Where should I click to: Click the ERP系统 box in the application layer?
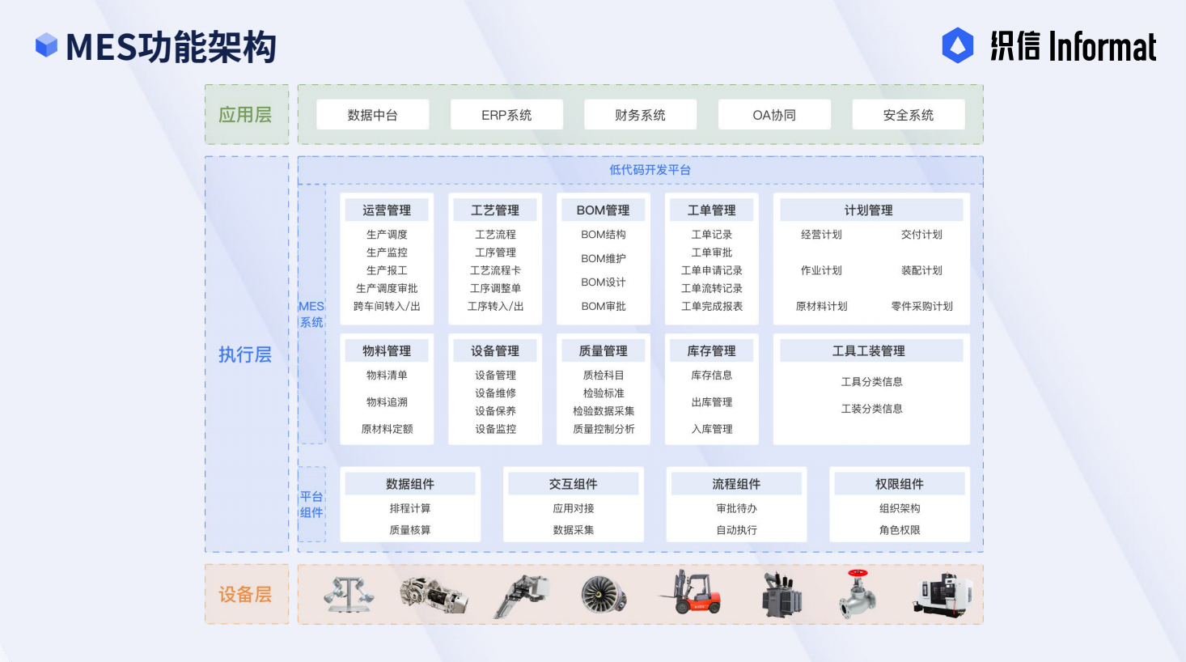(506, 115)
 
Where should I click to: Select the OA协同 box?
(774, 115)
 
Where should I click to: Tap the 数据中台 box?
(372, 115)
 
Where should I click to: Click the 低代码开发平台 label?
(650, 170)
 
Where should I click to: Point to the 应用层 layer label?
(245, 115)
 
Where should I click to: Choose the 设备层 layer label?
(245, 595)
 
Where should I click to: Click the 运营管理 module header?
(387, 210)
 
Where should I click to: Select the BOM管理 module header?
(603, 210)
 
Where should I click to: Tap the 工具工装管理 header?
(869, 351)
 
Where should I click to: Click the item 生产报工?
(387, 270)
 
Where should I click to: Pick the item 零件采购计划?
(921, 307)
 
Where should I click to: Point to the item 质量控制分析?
(604, 429)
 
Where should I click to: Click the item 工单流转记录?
(712, 288)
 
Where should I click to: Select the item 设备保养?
(495, 411)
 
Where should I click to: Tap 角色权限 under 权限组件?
(900, 530)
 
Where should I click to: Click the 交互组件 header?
(573, 484)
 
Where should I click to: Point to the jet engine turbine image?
(604, 595)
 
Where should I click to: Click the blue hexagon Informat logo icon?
(958, 46)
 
